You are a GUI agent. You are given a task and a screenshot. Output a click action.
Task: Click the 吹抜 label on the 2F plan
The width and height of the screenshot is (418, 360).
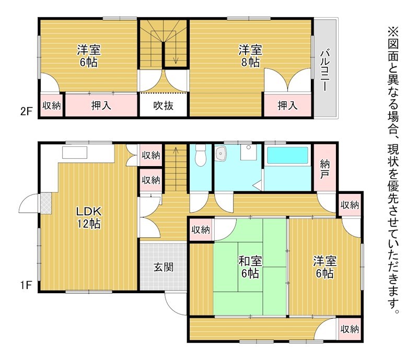164,106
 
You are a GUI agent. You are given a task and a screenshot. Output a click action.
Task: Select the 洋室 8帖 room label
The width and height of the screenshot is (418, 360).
250,56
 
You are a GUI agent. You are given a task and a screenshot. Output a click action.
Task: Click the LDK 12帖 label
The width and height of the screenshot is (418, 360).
89,217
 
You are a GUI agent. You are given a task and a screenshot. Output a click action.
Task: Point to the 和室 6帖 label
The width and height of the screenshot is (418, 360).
250,267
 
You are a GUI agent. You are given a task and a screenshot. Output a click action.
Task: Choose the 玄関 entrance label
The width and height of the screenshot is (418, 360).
164,267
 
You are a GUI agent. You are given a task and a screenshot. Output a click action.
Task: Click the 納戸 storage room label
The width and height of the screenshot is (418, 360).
324,169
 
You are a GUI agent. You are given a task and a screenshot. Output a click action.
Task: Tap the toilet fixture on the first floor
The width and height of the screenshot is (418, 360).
200,156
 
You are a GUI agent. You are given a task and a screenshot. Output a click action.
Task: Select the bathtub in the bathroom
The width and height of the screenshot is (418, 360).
287,155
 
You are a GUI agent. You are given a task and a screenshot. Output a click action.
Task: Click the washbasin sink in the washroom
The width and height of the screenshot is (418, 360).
220,153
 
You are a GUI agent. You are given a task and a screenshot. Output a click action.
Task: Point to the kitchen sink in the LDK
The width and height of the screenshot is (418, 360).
75,153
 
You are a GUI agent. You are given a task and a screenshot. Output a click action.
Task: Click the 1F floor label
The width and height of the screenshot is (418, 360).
26,285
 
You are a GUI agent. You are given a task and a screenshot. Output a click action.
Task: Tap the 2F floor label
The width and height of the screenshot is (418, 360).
26,111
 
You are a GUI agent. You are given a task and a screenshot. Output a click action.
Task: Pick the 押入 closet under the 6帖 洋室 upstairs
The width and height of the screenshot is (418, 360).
101,106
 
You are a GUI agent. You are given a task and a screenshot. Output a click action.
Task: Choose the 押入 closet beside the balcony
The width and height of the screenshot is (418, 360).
287,106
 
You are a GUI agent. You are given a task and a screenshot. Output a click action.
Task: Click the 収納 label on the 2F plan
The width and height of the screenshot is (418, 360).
52,106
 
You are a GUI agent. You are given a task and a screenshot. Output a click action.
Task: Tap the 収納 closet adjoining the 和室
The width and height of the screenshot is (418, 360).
201,229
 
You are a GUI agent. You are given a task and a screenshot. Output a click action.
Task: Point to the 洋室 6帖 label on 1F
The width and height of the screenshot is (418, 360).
324,267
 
